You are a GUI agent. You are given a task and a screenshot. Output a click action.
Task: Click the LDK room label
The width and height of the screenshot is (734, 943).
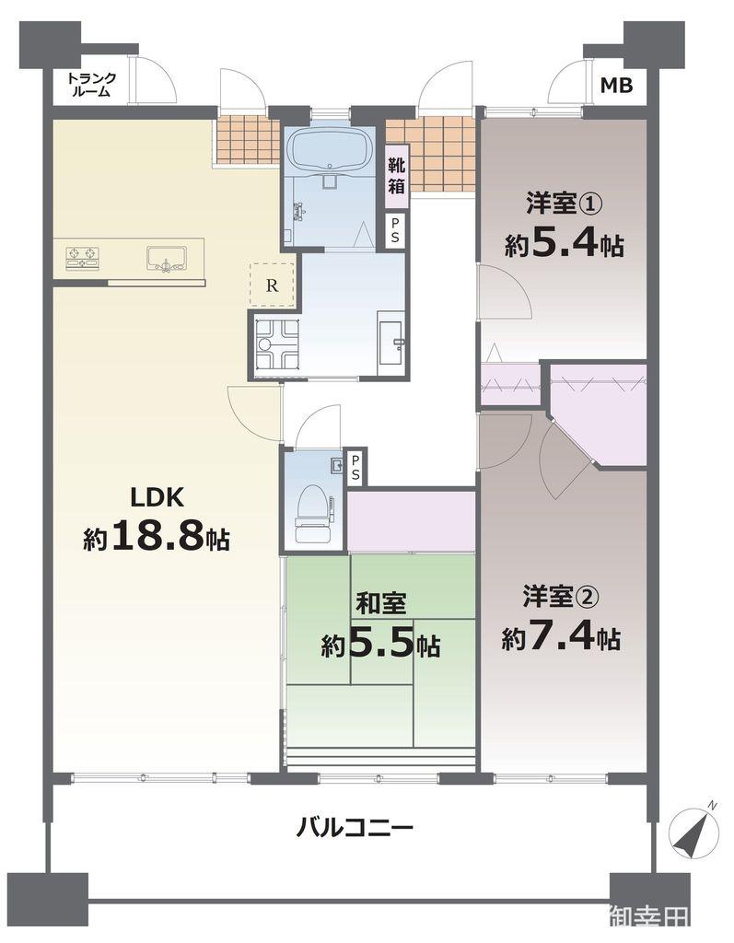pyautogui.click(x=158, y=497)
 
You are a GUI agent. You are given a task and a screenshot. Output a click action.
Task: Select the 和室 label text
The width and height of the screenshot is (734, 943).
pyautogui.click(x=381, y=604)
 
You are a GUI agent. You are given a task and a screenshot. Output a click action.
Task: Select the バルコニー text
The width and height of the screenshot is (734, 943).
pyautogui.click(x=355, y=826)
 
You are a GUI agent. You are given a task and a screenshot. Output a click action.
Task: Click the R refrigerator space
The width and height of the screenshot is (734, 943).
pyautogui.click(x=272, y=285)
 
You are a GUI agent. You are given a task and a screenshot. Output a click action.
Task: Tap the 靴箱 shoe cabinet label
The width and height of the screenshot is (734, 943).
pyautogui.click(x=396, y=174)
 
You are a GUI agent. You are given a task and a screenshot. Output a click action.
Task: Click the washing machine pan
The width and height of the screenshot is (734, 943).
pyautogui.click(x=276, y=344)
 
